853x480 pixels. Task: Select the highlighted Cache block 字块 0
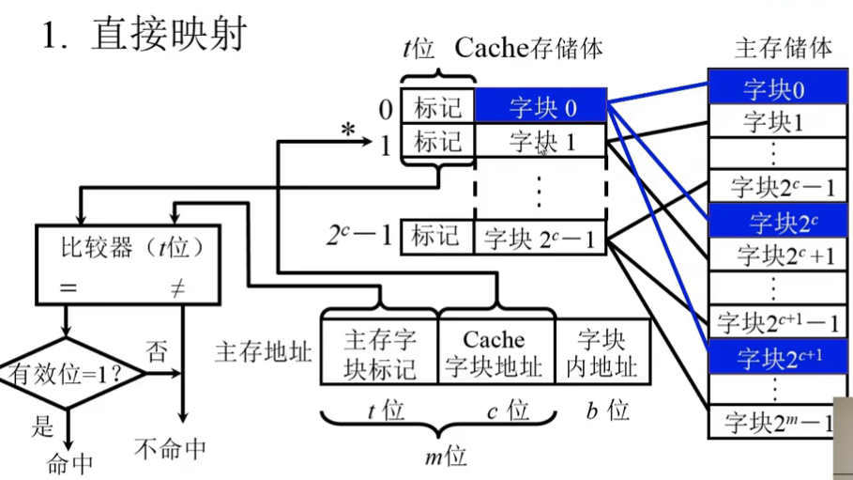click(x=541, y=107)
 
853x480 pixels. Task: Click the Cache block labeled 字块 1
click(x=541, y=142)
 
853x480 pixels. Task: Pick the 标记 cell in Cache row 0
click(x=438, y=107)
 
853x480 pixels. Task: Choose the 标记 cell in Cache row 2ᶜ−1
click(x=438, y=237)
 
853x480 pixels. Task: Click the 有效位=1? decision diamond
click(x=69, y=374)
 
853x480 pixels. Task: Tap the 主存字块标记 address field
click(x=379, y=353)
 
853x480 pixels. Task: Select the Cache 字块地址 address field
click(x=495, y=353)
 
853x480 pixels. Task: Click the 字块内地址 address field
click(x=602, y=353)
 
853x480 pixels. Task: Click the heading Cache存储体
click(x=528, y=47)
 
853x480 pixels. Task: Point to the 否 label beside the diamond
click(x=157, y=351)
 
